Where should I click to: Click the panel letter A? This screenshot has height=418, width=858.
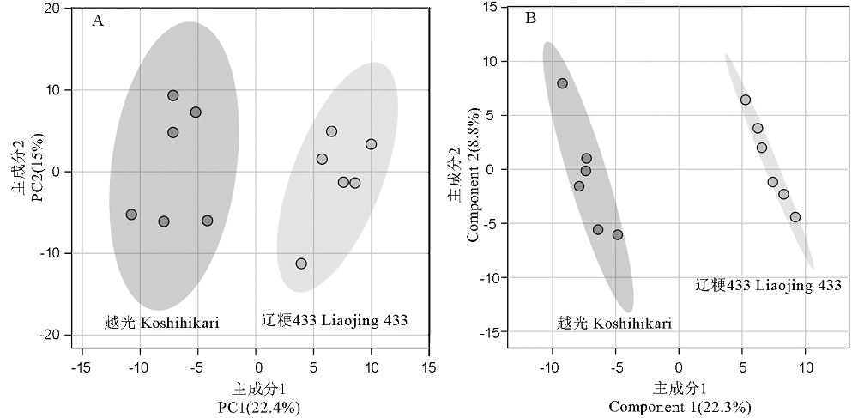98,21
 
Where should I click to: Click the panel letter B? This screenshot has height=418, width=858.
530,18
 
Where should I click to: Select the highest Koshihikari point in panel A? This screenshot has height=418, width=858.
173,95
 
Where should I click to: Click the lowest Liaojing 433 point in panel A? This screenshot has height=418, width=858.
301,264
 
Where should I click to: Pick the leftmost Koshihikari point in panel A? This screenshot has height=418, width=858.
131,215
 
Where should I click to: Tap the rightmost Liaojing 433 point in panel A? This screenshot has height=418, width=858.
371,144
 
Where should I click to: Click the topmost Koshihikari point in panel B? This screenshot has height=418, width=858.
562,83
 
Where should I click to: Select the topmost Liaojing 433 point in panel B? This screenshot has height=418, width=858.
746,100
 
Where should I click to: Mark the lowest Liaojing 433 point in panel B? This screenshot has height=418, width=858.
795,216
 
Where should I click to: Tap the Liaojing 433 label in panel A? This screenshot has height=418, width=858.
334,321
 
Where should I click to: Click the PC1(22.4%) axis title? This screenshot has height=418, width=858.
257,407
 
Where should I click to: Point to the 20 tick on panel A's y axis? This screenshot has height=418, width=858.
57,9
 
